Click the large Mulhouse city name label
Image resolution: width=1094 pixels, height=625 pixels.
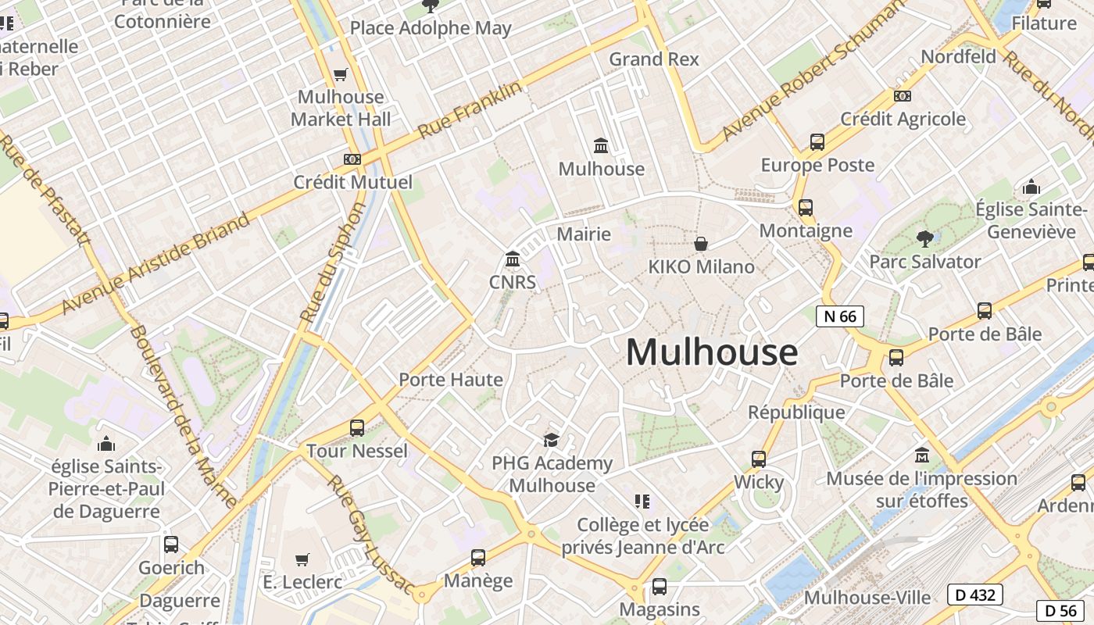click(711, 352)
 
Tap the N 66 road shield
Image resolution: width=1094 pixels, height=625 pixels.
click(840, 316)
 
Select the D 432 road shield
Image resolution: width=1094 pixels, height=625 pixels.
click(975, 595)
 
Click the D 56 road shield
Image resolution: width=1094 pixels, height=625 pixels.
click(1061, 610)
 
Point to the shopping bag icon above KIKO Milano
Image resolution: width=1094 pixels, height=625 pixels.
click(701, 244)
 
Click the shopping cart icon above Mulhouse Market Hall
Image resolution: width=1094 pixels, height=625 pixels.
click(340, 75)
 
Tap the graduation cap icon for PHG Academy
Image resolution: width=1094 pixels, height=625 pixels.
click(552, 440)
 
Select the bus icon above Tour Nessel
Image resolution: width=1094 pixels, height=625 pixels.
click(357, 428)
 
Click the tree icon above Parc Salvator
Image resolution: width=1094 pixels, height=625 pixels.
click(925, 238)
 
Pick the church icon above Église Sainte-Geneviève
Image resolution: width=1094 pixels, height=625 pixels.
click(1031, 187)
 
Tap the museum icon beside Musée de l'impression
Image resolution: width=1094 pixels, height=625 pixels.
click(922, 455)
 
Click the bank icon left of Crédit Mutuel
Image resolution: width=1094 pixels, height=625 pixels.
click(352, 159)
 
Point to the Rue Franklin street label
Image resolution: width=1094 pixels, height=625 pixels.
click(470, 111)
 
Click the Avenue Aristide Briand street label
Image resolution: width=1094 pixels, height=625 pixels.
click(156, 262)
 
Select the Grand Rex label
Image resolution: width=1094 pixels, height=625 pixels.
click(654, 59)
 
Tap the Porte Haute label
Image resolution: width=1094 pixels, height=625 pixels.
click(451, 380)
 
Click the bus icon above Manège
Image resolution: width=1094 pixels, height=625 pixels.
click(478, 558)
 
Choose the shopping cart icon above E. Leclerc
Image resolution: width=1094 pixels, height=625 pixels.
click(302, 559)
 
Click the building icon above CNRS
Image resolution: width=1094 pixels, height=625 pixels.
click(513, 259)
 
